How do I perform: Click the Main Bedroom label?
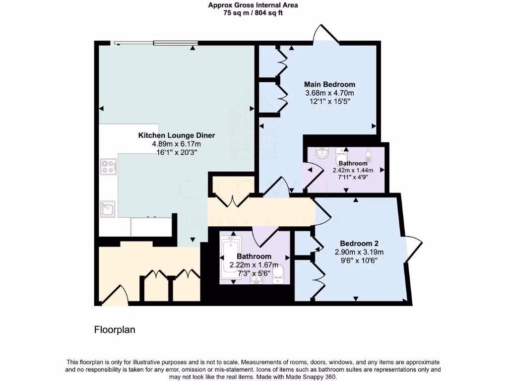point(330,84)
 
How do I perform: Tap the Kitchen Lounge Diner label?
point(176,135)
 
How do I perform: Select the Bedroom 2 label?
point(359,243)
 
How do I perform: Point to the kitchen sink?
point(108,209)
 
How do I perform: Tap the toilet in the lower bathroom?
point(278,273)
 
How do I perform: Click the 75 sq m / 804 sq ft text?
point(253,13)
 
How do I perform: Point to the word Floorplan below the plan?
point(115,329)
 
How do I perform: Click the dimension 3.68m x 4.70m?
point(330,93)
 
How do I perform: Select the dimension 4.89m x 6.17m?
point(176,144)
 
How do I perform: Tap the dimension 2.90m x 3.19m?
point(359,252)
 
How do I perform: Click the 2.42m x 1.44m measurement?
point(353,170)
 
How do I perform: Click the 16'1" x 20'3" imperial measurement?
point(176,152)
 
